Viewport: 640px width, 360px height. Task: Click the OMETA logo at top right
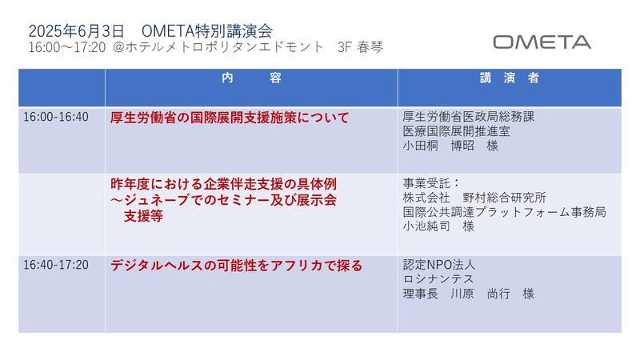[542, 42]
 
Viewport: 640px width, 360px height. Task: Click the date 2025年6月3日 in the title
[76, 31]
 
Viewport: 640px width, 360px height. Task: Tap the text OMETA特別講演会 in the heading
[207, 31]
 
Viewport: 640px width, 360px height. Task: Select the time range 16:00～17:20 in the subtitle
[67, 47]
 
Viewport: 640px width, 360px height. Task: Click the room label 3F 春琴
[361, 47]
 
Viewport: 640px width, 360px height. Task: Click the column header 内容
[251, 78]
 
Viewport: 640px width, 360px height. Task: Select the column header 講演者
[510, 78]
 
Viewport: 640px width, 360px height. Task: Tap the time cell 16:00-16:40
[56, 117]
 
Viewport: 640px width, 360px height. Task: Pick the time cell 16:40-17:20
[56, 265]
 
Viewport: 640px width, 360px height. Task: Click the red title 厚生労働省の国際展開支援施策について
[230, 118]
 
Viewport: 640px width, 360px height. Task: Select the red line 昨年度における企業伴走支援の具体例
[224, 184]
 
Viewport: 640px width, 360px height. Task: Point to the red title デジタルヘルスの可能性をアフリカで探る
[236, 266]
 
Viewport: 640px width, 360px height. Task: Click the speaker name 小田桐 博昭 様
[450, 146]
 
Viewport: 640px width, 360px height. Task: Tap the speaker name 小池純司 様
[438, 226]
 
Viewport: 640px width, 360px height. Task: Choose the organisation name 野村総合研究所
[505, 198]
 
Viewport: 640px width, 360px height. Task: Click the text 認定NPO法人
[439, 265]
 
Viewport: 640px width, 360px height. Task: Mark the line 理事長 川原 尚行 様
[469, 294]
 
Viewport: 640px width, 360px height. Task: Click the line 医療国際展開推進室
[456, 131]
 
